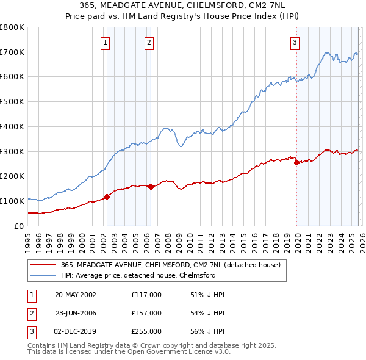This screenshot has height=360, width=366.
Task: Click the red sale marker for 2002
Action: click(x=107, y=196)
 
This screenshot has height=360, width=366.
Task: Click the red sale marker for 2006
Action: click(x=151, y=187)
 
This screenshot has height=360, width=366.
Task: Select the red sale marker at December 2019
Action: click(x=296, y=162)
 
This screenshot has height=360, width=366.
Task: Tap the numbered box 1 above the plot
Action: click(x=106, y=42)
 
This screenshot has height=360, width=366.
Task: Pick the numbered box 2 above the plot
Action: click(x=149, y=42)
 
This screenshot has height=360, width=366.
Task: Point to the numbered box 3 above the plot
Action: click(x=295, y=42)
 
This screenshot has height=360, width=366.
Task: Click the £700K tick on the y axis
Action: click(x=12, y=52)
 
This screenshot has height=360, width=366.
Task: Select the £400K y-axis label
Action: click(x=12, y=127)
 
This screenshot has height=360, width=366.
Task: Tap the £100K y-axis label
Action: click(x=12, y=201)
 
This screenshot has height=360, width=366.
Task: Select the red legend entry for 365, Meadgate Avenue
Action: click(x=170, y=265)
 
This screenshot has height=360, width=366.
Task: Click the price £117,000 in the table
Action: click(x=146, y=295)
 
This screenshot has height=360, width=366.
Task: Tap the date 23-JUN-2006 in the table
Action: click(x=76, y=313)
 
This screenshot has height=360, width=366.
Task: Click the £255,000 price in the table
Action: click(x=146, y=331)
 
